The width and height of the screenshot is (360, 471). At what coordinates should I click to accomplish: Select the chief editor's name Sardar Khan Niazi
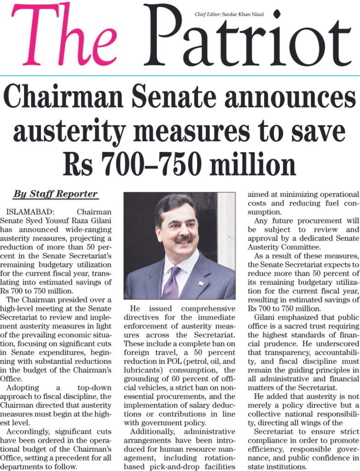[x=242, y=15]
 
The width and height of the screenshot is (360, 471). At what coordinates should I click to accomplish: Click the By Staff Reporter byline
[x=55, y=194]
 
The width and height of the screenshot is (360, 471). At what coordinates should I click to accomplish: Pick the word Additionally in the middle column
[x=152, y=431]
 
